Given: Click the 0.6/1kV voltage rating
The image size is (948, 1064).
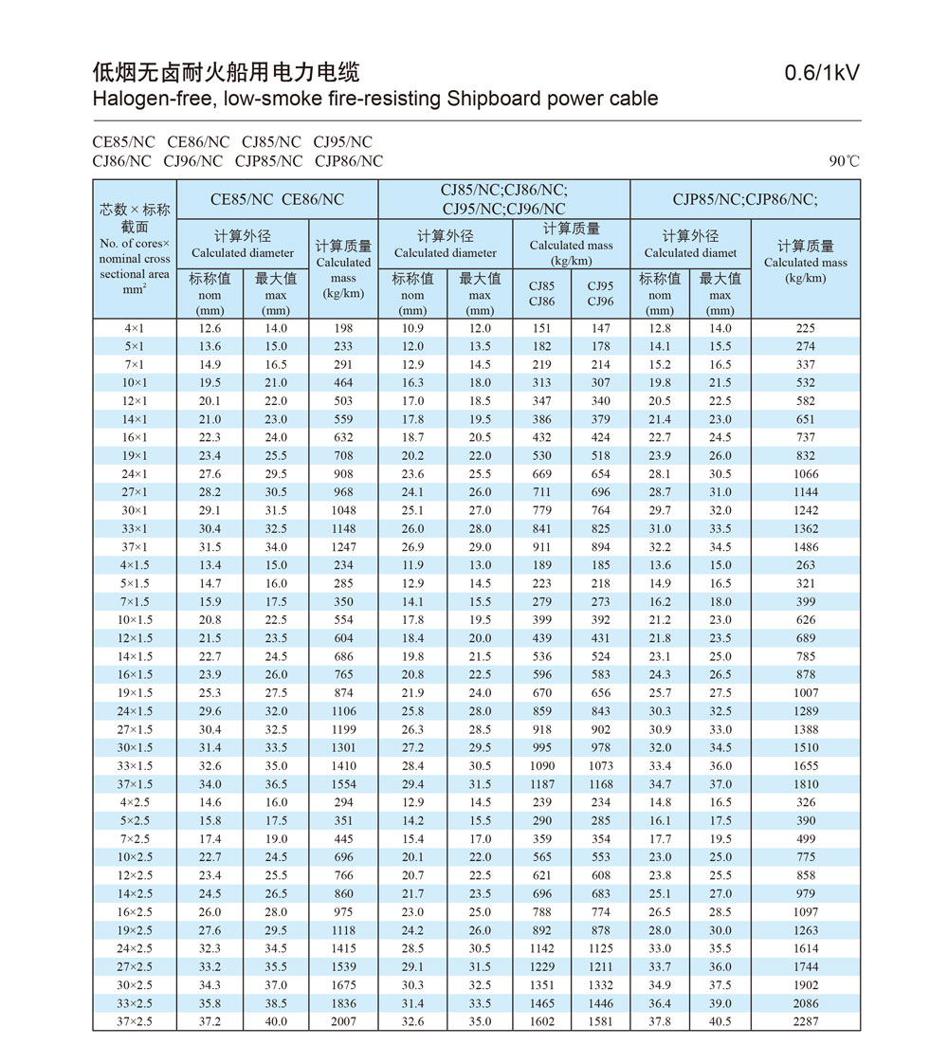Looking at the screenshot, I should [x=822, y=73].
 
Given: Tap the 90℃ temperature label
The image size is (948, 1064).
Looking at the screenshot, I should [x=844, y=161].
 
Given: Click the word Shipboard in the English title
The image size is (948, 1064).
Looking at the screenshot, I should [x=494, y=99].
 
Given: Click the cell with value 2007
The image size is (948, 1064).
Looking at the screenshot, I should [x=343, y=1021].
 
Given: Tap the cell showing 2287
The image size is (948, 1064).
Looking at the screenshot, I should [x=805, y=1021].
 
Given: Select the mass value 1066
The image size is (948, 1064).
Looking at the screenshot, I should [x=805, y=474].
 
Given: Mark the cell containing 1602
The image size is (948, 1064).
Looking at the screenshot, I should [x=542, y=1021].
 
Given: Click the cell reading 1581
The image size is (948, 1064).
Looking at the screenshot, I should [x=600, y=1021].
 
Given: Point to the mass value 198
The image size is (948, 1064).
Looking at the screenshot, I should [x=343, y=328].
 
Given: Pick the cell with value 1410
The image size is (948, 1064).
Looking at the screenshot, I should [x=343, y=766].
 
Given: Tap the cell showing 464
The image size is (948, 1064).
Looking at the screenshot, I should [x=343, y=383].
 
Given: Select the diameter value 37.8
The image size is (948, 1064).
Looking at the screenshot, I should [x=659, y=1021].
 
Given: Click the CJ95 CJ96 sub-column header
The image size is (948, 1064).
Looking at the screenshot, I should [x=600, y=293].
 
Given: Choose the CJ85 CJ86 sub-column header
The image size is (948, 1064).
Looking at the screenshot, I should [x=542, y=293].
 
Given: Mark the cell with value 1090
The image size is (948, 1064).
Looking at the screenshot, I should [x=542, y=766].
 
